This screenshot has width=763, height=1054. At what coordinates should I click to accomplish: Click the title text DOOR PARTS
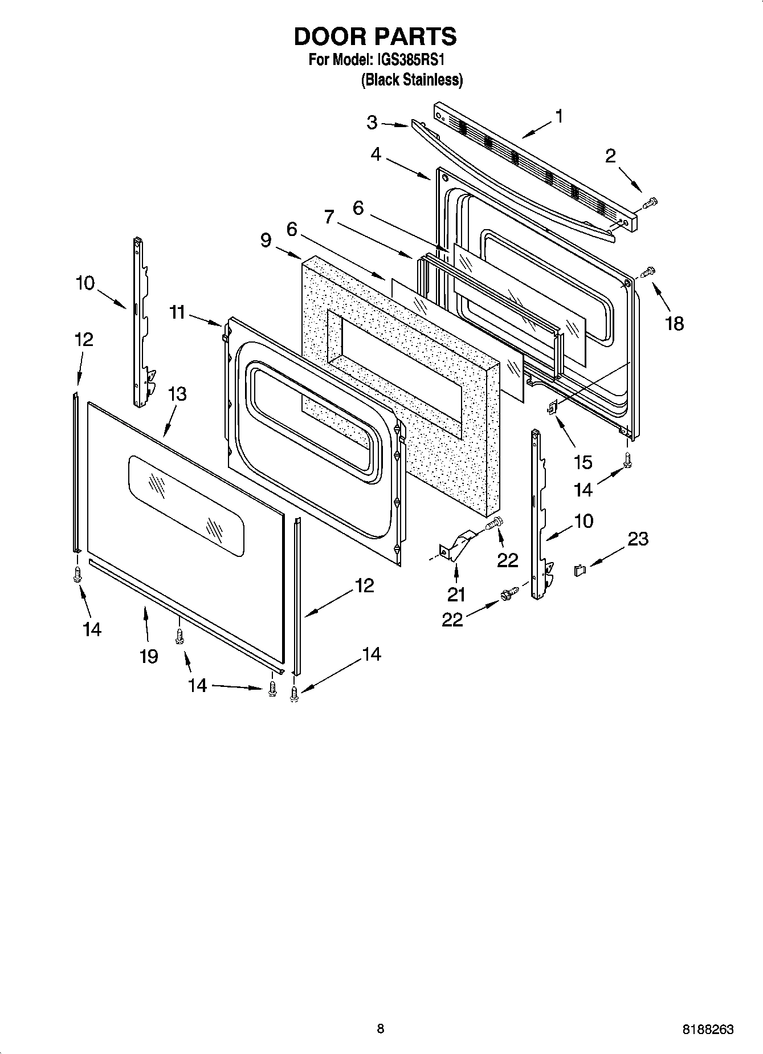point(375,36)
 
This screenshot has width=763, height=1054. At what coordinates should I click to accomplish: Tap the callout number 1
point(559,116)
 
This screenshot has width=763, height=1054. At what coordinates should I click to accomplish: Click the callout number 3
point(372,122)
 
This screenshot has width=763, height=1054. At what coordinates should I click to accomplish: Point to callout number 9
point(266,240)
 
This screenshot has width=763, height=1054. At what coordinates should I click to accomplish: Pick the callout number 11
point(178,312)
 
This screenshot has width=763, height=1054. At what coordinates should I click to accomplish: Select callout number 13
point(177,394)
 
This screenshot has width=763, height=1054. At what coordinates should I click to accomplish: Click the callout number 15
point(583,462)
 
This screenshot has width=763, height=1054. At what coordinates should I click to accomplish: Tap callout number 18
point(674,324)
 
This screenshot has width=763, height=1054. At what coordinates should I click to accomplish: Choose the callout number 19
point(149,656)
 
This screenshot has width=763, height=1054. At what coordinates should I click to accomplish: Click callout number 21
point(456,595)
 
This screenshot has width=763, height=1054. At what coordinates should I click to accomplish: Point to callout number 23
point(638,538)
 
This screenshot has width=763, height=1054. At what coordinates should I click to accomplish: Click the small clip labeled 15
point(552,407)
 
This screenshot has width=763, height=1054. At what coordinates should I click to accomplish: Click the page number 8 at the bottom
point(381,1028)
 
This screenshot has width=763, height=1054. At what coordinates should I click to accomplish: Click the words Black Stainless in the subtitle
point(411,80)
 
